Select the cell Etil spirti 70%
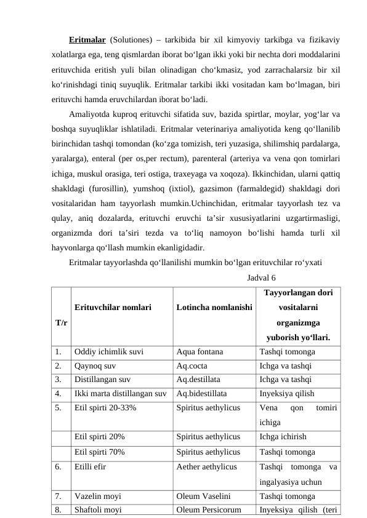pos(100,451)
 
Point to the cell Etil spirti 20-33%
pos(105,407)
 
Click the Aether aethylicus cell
pos(206,467)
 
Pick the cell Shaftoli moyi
pos(98,509)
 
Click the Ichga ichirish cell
pos(283,437)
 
